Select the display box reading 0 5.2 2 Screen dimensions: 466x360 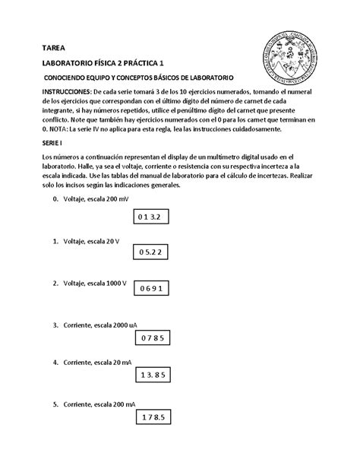point(150,252)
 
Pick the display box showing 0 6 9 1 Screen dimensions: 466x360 point(149,289)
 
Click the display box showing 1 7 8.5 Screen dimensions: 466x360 point(153,417)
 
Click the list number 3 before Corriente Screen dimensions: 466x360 point(55,325)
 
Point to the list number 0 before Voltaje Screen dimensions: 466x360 point(55,199)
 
